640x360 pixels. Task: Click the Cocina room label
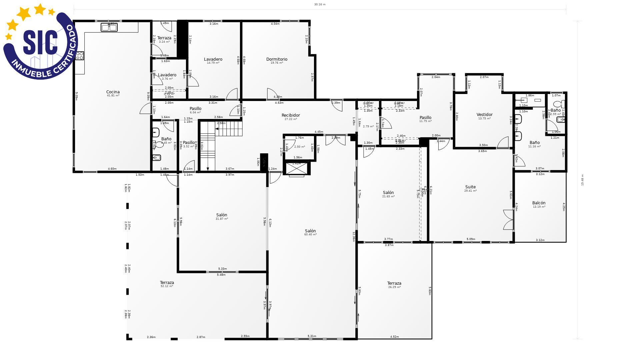tap(113, 92)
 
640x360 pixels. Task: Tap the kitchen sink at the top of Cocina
tap(109, 27)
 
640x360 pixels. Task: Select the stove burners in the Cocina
tap(80, 56)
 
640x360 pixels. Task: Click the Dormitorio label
tap(277, 59)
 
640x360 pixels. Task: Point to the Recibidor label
tap(291, 115)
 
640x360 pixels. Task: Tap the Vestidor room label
tap(484, 115)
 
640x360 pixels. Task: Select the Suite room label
tap(470, 187)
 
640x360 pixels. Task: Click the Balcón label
tap(539, 203)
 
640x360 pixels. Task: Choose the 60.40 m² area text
tap(310, 235)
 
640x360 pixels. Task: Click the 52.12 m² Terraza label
tap(167, 283)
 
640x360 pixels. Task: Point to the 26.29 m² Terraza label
tap(394, 283)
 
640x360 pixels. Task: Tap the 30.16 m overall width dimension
tap(320, 5)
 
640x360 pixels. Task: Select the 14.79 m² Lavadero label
tap(213, 59)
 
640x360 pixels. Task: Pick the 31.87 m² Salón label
tap(222, 215)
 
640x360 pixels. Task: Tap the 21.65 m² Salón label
tap(388, 193)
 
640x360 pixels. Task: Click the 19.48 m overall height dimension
tap(582, 180)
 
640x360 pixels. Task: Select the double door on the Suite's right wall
tap(509, 220)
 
